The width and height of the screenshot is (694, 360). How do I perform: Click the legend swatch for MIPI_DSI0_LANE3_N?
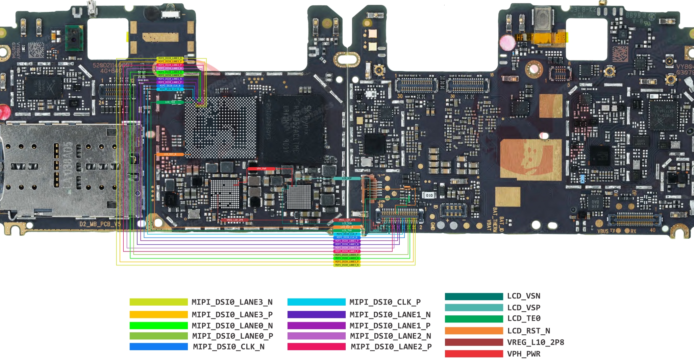(158, 302)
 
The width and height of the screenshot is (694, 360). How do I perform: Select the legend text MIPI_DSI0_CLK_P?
(385, 302)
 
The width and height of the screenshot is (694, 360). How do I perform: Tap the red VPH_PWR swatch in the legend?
(474, 354)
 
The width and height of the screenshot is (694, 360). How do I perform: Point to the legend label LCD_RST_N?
(528, 331)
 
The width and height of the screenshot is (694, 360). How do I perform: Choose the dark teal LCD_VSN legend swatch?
(474, 296)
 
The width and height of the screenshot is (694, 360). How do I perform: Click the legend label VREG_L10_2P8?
(536, 342)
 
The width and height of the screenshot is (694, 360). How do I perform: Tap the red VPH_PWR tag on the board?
(261, 168)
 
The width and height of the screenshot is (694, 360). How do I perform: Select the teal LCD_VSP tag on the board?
(347, 178)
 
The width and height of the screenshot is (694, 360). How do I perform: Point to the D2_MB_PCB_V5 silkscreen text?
(100, 224)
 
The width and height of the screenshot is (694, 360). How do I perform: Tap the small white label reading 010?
(429, 195)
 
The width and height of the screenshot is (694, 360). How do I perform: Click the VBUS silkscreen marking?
(602, 231)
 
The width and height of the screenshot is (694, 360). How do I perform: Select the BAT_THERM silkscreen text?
(495, 220)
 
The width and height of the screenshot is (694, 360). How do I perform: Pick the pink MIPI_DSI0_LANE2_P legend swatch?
(316, 346)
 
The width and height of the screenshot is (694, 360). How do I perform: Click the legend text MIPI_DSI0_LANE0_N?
(232, 326)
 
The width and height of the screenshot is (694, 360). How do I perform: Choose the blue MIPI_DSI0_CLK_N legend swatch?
(158, 346)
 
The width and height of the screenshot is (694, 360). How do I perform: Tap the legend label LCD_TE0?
(524, 318)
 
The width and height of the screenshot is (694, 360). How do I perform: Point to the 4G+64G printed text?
(111, 71)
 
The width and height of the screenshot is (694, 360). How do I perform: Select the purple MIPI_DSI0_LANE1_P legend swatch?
(316, 326)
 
